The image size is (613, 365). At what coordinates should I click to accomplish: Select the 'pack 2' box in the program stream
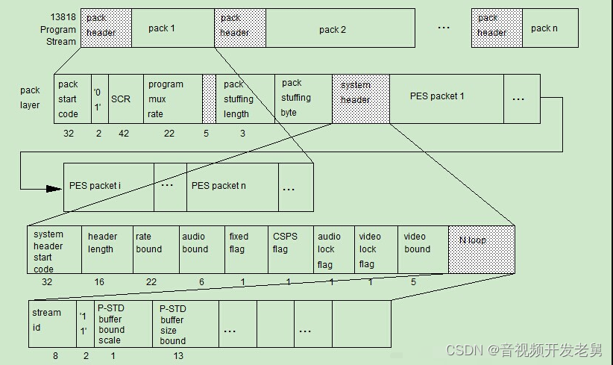pos(333,29)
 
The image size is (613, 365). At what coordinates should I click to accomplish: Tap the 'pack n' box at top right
pos(549,28)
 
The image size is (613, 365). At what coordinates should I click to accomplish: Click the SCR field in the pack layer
pos(120,99)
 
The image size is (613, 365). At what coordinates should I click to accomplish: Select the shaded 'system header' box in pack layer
pos(360,98)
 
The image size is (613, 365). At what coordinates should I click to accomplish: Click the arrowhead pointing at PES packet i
pos(54,188)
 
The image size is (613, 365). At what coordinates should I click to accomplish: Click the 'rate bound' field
pos(155,249)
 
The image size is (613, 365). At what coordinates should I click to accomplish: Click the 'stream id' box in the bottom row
pos(52,324)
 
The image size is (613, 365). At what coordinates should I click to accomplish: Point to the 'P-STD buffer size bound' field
pos(183,324)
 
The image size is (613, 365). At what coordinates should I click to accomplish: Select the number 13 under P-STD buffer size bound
pos(178,356)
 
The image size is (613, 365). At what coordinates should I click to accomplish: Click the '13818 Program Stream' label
pos(58,29)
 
